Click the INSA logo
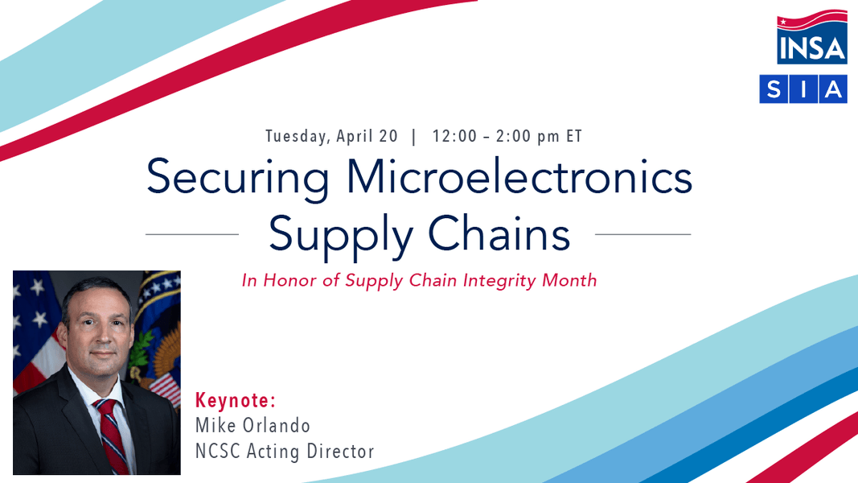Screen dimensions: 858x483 tap(811, 37)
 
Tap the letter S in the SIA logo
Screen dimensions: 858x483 tap(774, 89)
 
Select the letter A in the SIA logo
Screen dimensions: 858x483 tap(833, 89)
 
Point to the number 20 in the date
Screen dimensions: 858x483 tap(388, 136)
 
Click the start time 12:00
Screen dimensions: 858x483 tap(454, 136)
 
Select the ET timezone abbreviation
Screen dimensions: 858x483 tap(574, 136)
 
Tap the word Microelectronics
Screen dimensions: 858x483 tap(519, 176)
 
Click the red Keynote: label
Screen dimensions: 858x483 tap(236, 400)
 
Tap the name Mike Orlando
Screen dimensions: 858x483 tap(252, 426)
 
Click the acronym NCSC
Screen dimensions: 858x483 tap(219, 452)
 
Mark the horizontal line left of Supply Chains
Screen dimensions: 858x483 tap(192, 234)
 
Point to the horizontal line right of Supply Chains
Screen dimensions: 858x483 tap(643, 234)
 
